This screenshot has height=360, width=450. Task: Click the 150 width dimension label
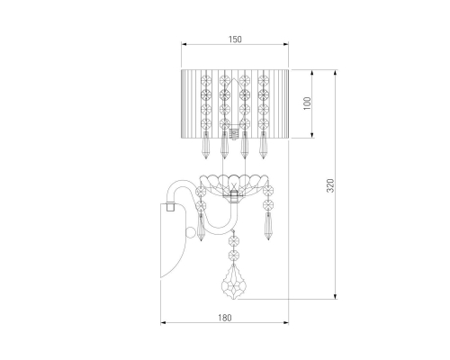pos(235,40)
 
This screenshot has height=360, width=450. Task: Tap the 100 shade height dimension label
pos(307,103)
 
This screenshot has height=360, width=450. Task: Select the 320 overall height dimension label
pos(330,185)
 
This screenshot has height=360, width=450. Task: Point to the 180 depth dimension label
pos(225,318)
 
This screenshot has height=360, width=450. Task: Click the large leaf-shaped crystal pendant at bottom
pos(233,282)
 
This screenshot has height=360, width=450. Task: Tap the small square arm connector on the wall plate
pos(170,207)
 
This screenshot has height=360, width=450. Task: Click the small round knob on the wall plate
pos(190,232)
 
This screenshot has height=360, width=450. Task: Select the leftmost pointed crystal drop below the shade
pos(206,145)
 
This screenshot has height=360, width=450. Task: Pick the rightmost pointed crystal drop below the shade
pos(264,145)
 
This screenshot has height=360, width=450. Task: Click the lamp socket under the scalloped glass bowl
pos(233,197)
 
